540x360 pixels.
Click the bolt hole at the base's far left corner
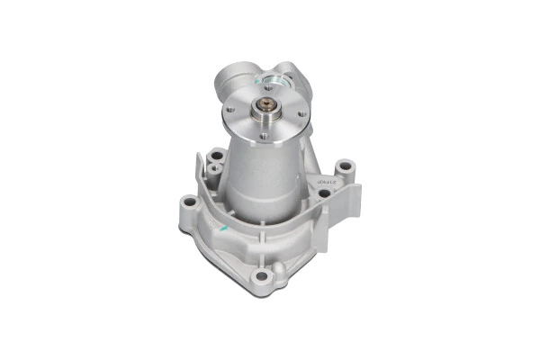tap(188, 202)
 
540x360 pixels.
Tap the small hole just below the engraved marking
tap(323, 193)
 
